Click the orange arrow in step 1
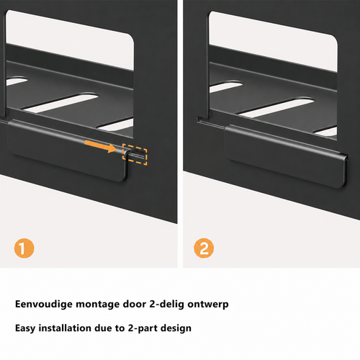coord(101,147)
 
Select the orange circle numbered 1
coord(24,248)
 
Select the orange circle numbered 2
coord(204,248)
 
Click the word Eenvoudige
coord(44,305)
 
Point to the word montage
coord(98,305)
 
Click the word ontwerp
coord(208,305)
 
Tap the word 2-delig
coord(167,305)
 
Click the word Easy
coord(25,328)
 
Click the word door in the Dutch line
coord(135,304)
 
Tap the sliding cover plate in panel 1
coord(67,150)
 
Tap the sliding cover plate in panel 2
coord(286,156)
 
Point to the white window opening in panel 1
coord(70,40)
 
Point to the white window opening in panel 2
coord(273,41)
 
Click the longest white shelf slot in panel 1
coord(61,103)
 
